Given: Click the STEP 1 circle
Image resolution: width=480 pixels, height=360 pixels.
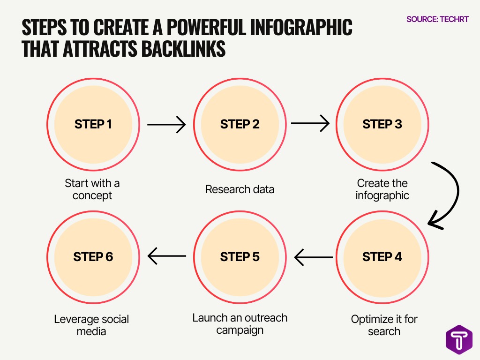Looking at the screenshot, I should coord(93,124).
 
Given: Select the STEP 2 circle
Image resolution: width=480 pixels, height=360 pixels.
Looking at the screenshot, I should coord(240,124).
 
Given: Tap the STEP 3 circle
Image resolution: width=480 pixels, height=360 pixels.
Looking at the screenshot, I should coord(382,124).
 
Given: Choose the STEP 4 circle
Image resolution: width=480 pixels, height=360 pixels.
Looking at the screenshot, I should coord(382,257).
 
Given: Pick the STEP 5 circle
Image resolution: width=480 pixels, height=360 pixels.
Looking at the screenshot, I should coord(240,257).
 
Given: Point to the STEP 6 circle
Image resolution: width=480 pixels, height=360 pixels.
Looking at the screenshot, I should coord(93,257).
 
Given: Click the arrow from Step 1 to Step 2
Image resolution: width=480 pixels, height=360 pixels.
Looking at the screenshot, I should coord(166,125).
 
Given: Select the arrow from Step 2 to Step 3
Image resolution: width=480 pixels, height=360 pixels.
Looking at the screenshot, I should coord(310,124).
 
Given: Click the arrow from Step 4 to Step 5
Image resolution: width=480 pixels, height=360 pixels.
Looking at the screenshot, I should coord(313,257).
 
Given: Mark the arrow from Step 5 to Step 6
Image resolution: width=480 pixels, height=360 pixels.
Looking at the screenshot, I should coord(167,256).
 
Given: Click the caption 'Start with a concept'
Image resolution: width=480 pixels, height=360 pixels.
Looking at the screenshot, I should coord(92,189).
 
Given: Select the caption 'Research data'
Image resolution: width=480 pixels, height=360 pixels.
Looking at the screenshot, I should coord(240,189).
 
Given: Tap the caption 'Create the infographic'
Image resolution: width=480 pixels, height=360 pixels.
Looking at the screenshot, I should coord(382,189).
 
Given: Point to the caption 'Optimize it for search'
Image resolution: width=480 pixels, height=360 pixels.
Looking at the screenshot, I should coord(384,325).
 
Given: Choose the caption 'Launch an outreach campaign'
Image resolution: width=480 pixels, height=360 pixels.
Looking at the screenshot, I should coord(240,323).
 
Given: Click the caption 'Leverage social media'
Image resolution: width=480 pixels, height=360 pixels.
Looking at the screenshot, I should coord(91,325).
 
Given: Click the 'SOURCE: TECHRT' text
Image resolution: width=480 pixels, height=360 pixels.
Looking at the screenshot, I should coord(437,20).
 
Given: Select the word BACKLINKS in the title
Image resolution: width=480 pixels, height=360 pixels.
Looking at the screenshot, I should coord(175,49).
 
